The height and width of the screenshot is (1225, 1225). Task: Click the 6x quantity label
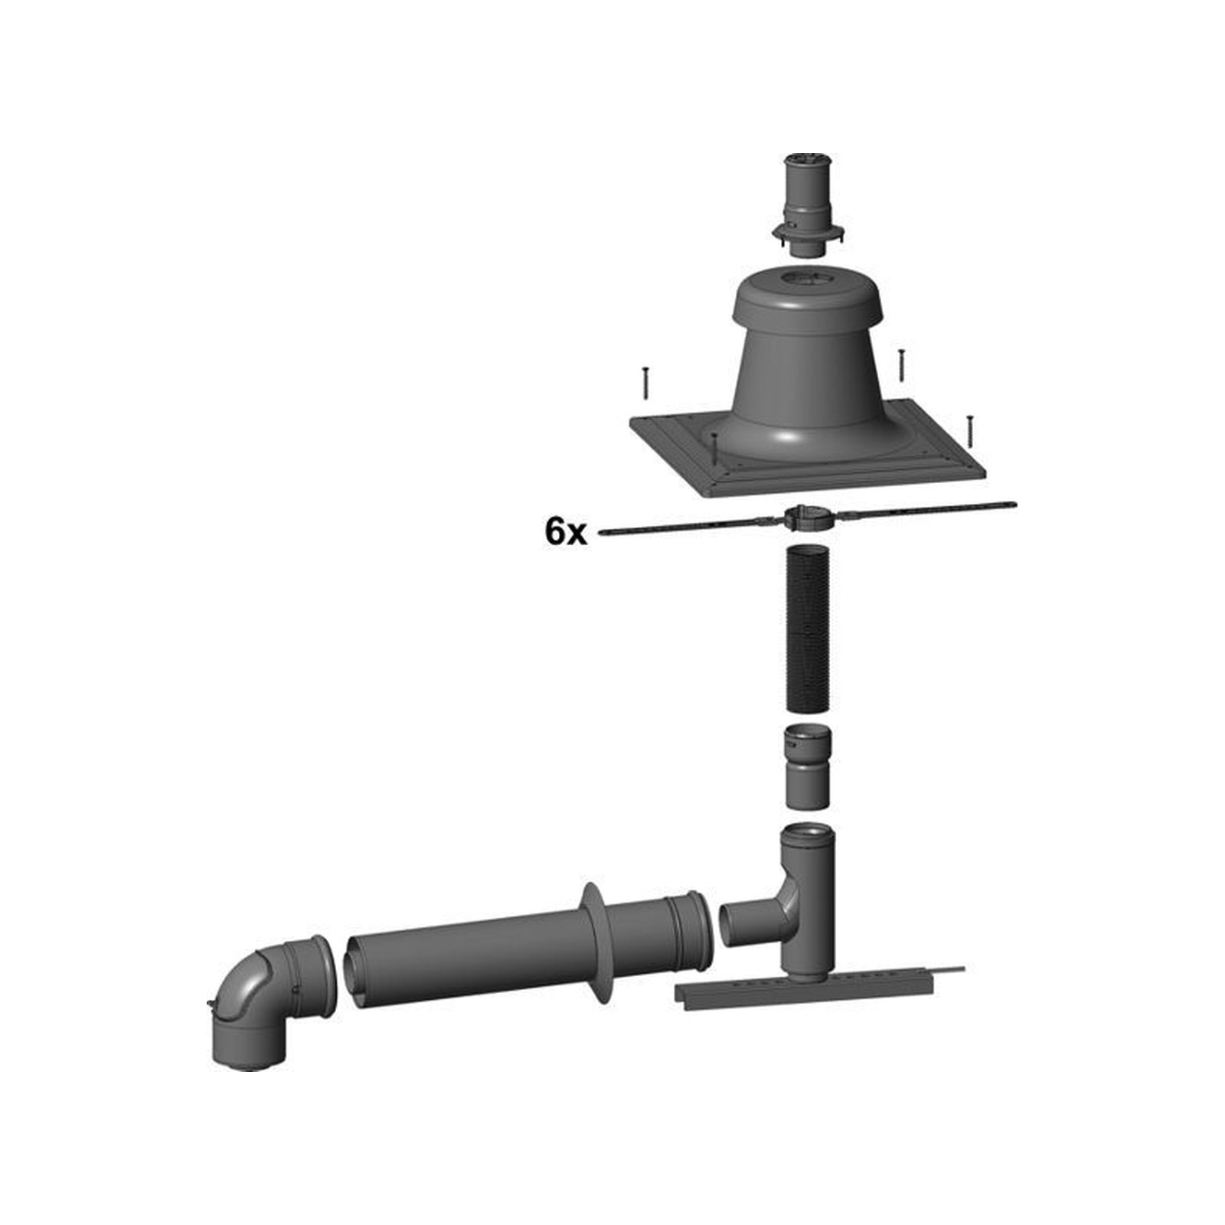coord(566,531)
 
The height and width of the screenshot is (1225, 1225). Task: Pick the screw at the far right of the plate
coord(969,431)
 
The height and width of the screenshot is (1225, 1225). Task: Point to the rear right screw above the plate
coord(901,365)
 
